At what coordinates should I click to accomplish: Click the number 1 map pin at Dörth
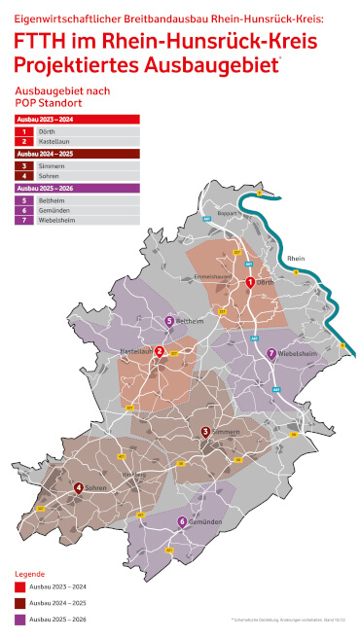[250, 282]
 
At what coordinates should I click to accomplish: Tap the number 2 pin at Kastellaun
[159, 350]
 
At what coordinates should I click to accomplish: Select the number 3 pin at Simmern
[205, 431]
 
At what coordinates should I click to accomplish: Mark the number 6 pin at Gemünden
[181, 522]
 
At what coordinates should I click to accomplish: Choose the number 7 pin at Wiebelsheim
[270, 353]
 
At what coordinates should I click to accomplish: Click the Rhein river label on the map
[296, 258]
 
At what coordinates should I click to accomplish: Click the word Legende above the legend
[29, 574]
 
